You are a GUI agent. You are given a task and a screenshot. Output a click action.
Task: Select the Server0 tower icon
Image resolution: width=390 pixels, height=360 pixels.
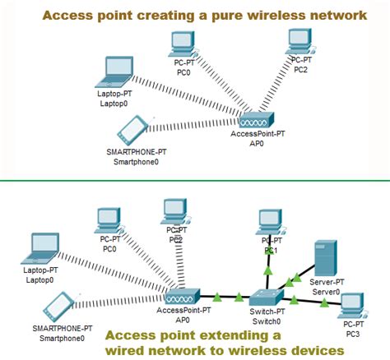[x=325, y=256]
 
